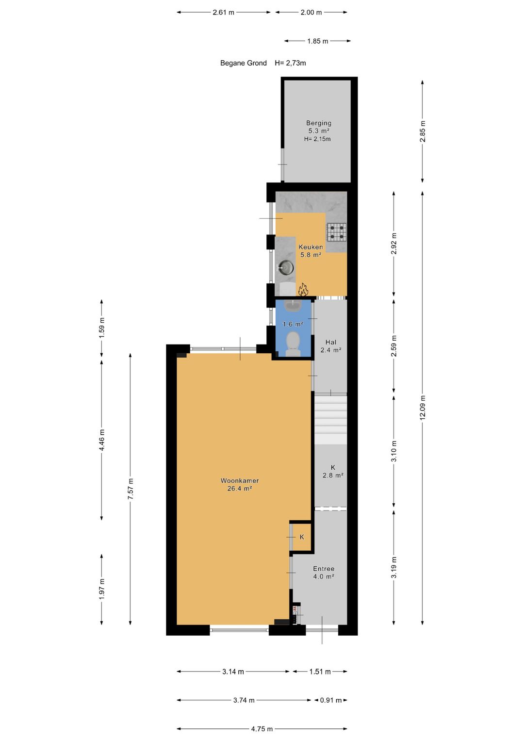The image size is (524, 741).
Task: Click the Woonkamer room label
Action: click(240, 481)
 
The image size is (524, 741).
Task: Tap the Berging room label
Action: click(318, 123)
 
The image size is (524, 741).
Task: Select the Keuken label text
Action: click(311, 247)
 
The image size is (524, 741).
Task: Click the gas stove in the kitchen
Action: click(336, 232)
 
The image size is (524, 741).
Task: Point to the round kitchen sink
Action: click(285, 268)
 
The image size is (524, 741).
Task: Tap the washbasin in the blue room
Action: click(293, 306)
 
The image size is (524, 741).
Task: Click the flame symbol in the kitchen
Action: click(303, 290)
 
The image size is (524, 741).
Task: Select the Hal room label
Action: click(331, 342)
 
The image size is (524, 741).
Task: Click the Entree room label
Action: click(324, 569)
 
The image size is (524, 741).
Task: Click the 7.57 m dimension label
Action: click(131, 489)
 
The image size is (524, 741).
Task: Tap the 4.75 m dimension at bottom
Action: click(262, 729)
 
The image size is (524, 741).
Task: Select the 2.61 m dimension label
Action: click(223, 13)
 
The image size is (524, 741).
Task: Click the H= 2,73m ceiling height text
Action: click(290, 63)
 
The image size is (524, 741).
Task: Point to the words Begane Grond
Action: click(243, 63)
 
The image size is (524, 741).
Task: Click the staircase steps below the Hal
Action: click(331, 417)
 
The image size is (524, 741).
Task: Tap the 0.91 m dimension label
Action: click(331, 700)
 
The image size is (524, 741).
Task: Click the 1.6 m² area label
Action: click(293, 324)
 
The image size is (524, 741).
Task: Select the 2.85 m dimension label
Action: click(423, 132)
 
